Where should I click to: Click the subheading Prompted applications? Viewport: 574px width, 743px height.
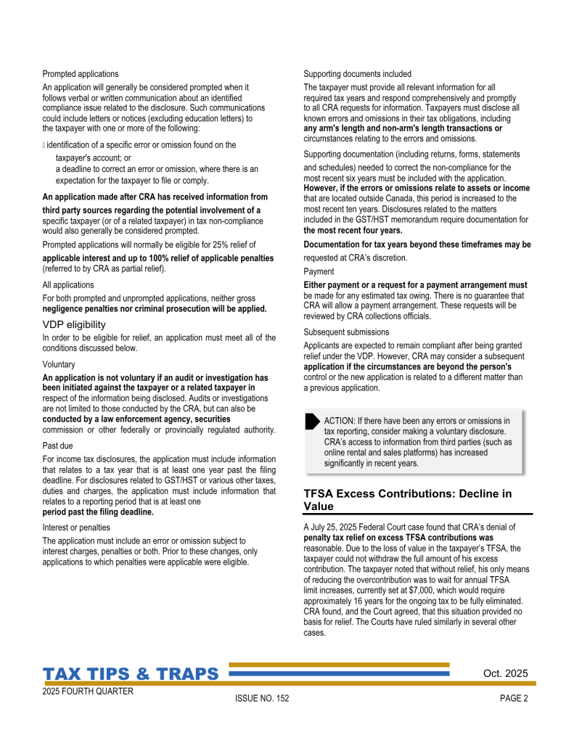81,74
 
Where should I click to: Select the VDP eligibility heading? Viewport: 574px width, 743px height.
74,324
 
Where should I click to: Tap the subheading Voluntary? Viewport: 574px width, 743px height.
59,365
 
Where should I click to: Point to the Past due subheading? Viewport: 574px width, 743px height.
58,446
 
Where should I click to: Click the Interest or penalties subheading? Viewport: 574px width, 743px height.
76,528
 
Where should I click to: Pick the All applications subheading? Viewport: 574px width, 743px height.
68,285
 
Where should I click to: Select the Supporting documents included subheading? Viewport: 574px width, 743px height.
357,74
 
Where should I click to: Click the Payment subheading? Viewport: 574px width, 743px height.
319,271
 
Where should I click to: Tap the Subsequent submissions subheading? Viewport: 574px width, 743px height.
346,332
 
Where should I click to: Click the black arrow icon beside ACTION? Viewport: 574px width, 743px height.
312,420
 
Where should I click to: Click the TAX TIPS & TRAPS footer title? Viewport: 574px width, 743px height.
131,674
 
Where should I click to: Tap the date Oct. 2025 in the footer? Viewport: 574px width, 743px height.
505,673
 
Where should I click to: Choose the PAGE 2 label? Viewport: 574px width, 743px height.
514,699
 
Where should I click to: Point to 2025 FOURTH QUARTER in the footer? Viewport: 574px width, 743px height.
88,691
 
